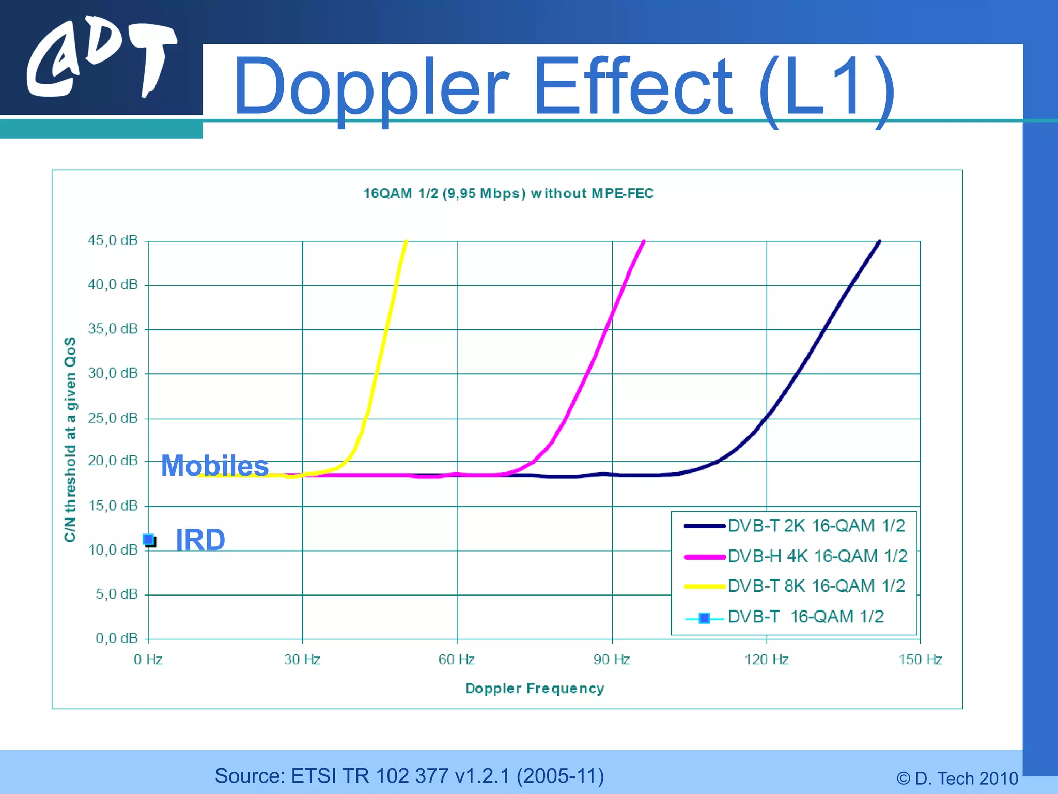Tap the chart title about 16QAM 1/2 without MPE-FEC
(x=508, y=194)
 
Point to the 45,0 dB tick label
(x=113, y=240)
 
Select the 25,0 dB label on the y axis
(x=113, y=418)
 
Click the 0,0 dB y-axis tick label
(x=117, y=638)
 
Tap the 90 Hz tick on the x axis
(x=612, y=660)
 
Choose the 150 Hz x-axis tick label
(x=920, y=660)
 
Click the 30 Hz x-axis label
(x=302, y=660)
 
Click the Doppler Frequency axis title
(x=535, y=689)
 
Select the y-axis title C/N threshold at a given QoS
(x=70, y=439)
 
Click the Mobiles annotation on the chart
(x=215, y=465)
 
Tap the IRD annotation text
(x=200, y=540)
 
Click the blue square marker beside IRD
(x=149, y=540)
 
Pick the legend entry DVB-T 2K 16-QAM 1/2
(x=816, y=526)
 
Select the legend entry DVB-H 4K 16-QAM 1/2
(x=817, y=556)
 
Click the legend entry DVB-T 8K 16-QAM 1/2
(x=816, y=586)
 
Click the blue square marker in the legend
(x=704, y=618)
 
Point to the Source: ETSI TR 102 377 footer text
(x=409, y=776)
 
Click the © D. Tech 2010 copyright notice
(x=957, y=778)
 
